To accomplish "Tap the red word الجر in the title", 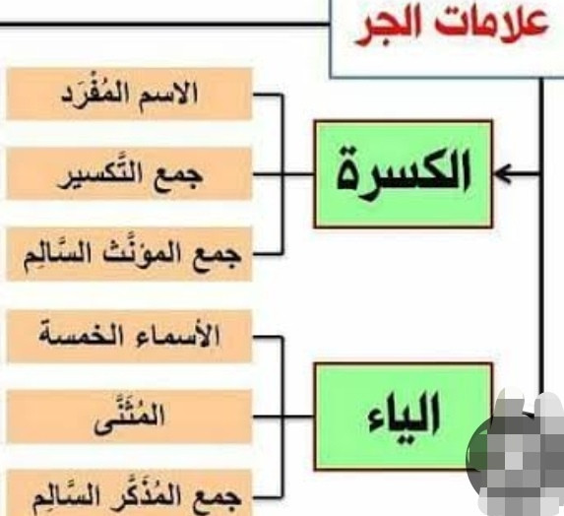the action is [x=391, y=29].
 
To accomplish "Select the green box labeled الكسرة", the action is [x=404, y=174].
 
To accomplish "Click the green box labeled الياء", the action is [x=404, y=417].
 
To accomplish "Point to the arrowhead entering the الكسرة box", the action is [x=503, y=174].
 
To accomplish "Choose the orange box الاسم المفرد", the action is [x=129, y=94].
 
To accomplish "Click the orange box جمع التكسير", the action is [x=129, y=173].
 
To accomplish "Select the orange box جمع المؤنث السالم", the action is [x=129, y=254].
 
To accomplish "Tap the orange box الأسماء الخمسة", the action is [x=129, y=336].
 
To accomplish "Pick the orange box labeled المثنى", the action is [x=129, y=417].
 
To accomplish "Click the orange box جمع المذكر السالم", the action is [x=129, y=493].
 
